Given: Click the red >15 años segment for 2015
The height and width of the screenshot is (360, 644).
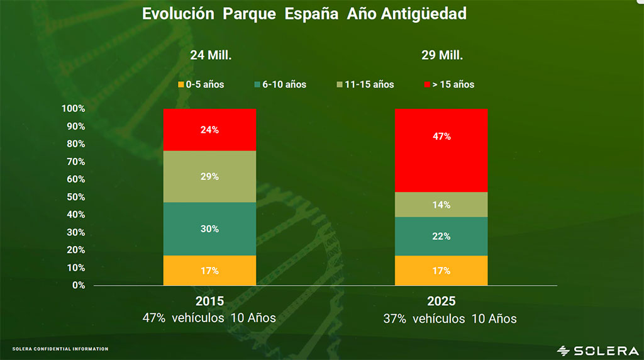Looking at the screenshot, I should coord(209,130).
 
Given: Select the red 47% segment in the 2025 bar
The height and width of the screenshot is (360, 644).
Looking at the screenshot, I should coord(441,150).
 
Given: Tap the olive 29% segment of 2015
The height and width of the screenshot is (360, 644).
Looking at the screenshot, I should coord(209,176).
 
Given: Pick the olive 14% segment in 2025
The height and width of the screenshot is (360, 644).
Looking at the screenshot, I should coord(441,204).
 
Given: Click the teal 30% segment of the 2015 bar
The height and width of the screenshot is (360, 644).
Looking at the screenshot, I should coord(209,229).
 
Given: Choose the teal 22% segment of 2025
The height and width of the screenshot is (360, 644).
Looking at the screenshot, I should coord(441,236).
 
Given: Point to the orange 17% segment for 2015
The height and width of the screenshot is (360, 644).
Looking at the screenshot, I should coord(209,271).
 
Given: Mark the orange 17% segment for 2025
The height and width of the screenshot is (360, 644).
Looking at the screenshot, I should coord(441,271).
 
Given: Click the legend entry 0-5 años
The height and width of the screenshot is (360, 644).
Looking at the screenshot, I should coord(201,84).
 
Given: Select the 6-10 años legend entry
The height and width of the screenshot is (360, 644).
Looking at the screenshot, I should coord(280,84).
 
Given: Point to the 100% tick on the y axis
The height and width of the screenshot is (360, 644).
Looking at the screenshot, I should coord(73,109).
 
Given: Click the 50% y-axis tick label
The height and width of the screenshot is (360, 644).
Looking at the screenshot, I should coord(75,197).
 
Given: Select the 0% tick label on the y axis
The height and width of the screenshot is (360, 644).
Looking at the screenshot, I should coord(78,285).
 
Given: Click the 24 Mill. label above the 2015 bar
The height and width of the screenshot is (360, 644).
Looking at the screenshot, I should coord(211,55).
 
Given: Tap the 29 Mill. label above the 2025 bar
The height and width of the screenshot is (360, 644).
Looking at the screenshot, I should coord(442,55).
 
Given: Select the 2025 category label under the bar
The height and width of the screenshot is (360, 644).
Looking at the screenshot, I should coord(441,301).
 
